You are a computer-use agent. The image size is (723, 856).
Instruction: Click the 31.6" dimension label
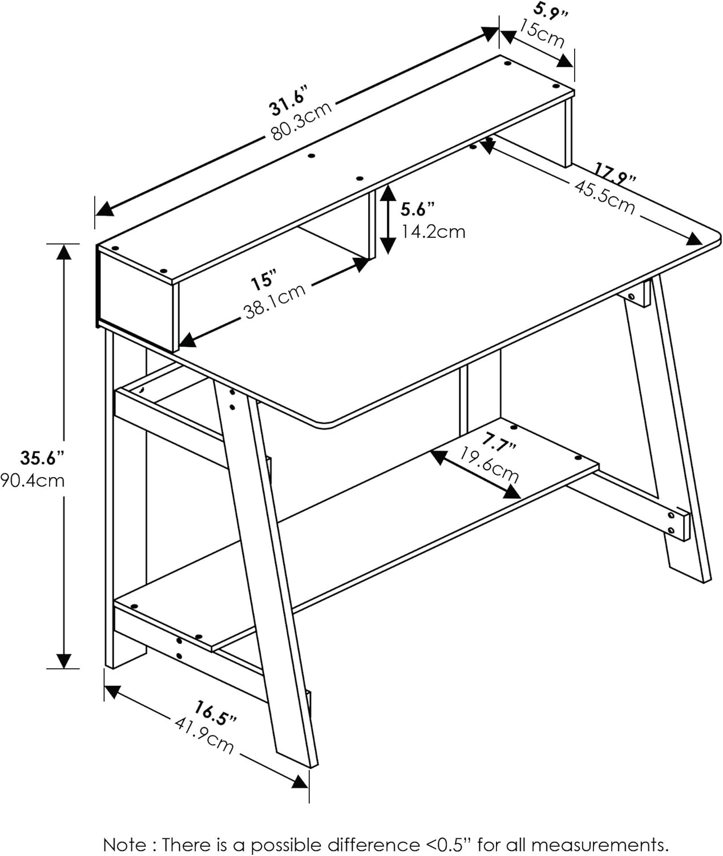pos(288,100)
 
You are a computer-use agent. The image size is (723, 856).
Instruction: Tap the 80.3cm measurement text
pos(301,121)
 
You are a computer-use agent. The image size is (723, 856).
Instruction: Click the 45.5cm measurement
pos(604,197)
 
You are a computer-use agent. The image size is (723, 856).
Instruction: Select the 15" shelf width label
pos(264,281)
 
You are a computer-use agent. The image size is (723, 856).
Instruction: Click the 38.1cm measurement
pos(275,301)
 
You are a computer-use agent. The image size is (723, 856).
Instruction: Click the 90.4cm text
pos(32,481)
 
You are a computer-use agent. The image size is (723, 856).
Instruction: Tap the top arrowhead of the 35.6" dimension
pos(64,251)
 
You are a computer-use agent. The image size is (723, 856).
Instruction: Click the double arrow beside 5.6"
pos(387,219)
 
